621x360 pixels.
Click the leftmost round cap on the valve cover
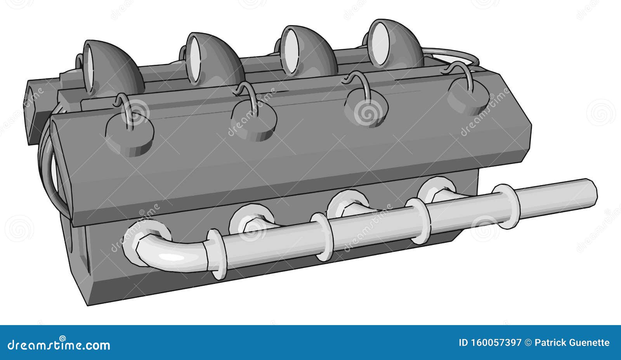point(130,134)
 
